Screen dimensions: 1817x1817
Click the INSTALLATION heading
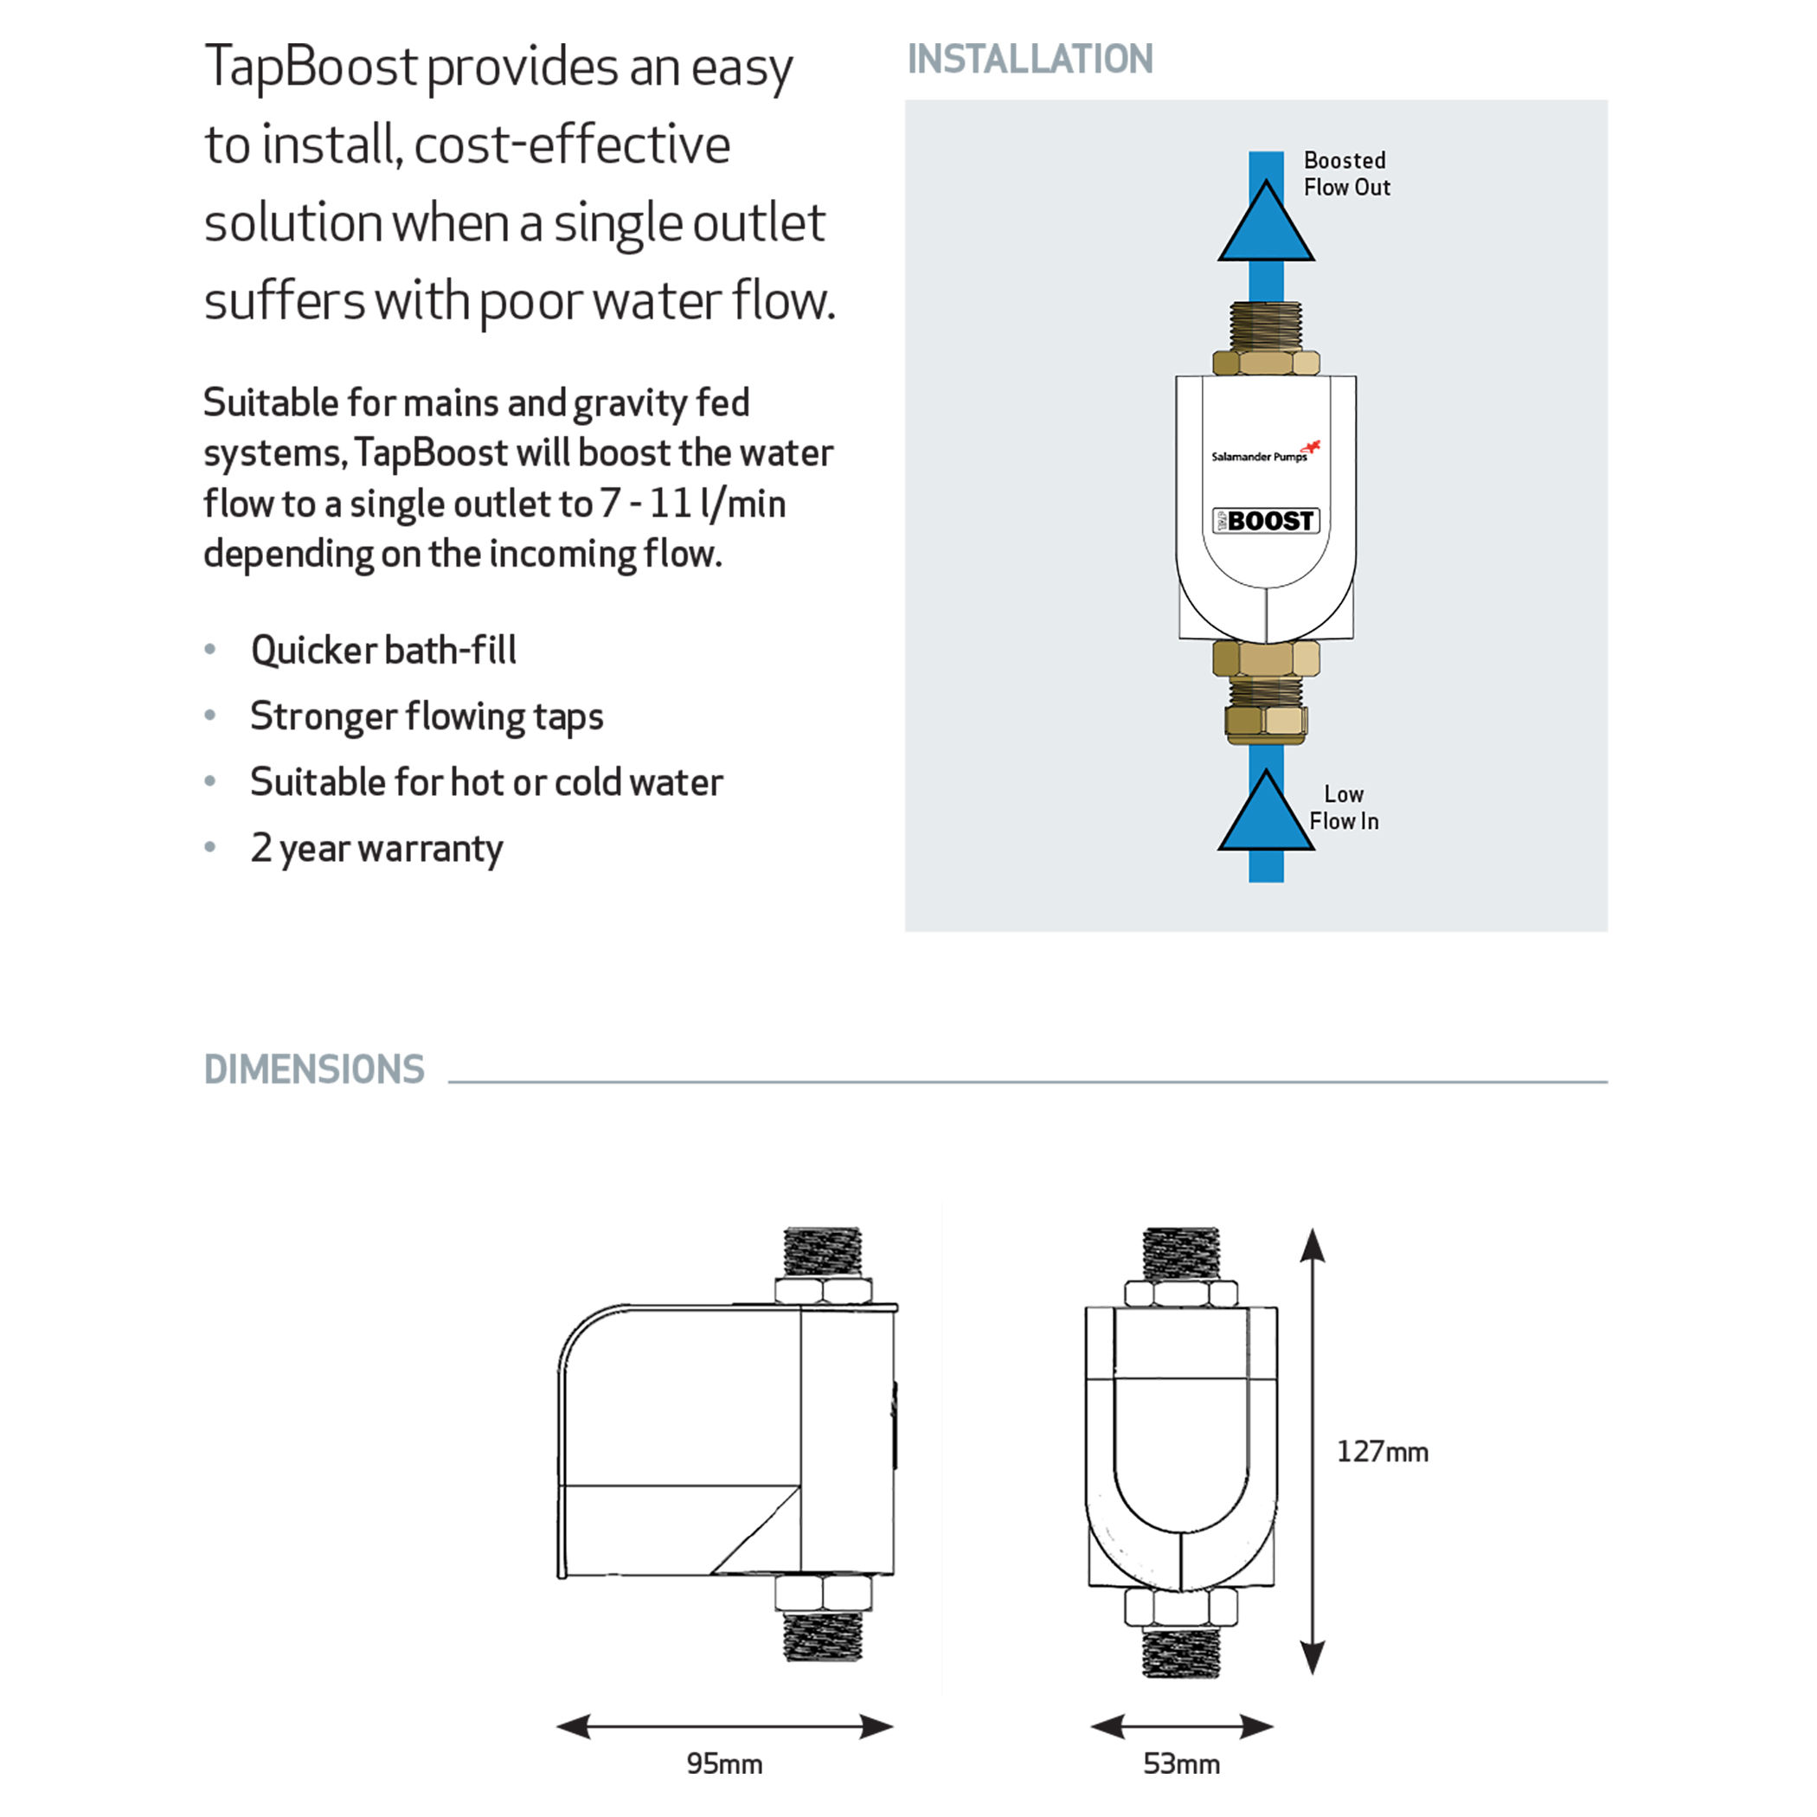click(1029, 59)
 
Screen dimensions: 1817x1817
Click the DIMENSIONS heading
click(314, 1069)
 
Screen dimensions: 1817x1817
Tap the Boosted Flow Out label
click(1345, 174)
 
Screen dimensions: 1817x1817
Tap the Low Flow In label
click(1343, 808)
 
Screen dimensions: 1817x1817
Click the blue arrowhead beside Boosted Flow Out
click(1266, 227)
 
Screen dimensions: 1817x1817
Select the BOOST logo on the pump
click(1266, 520)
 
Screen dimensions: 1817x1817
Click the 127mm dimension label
click(1382, 1451)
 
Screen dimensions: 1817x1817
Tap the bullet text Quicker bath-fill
click(383, 650)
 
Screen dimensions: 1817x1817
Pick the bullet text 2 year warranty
click(376, 848)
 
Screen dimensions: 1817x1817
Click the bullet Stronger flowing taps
click(426, 716)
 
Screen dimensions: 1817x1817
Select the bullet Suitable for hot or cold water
click(486, 782)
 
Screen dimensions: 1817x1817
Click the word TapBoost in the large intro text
click(311, 67)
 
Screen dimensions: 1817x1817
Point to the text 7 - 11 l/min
click(693, 504)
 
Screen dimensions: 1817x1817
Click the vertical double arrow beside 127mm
click(1312, 1450)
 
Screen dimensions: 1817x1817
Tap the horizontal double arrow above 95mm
click(724, 1727)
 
